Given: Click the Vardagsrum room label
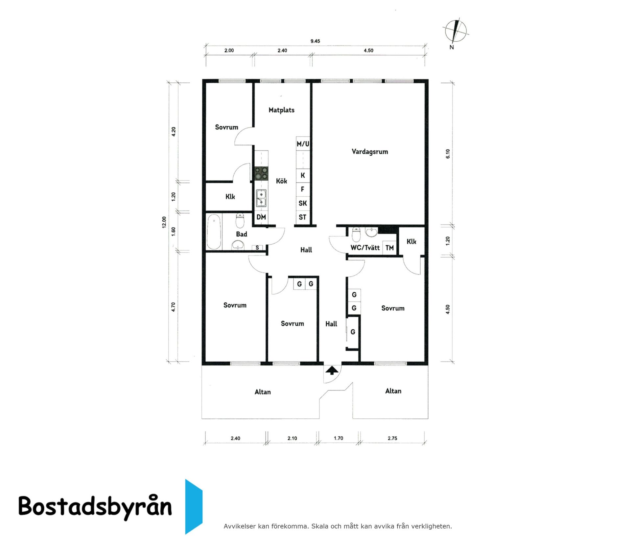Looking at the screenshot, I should [x=370, y=152].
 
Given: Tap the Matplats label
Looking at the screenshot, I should [x=281, y=110].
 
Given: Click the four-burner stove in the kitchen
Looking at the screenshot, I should [x=262, y=173].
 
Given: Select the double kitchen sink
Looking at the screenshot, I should [x=261, y=198].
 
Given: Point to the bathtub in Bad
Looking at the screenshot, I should [x=214, y=232].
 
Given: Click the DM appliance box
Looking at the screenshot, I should [x=261, y=217].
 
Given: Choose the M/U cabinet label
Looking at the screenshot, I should [x=303, y=144].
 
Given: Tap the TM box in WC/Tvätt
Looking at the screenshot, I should [x=390, y=248].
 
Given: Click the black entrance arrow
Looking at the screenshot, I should [x=332, y=370].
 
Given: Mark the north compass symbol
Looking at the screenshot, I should [x=455, y=32].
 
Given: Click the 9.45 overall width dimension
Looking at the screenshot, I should [x=315, y=41].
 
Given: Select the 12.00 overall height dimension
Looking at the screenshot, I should [x=164, y=222].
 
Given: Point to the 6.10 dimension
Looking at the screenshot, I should [x=448, y=154].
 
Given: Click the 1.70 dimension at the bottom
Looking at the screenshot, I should [x=338, y=438].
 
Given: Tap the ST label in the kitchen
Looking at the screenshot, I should [x=302, y=217].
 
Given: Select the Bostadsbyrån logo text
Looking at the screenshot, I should [x=95, y=506].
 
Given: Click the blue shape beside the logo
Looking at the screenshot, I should [x=193, y=506].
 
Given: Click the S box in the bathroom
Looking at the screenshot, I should [x=257, y=248].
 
